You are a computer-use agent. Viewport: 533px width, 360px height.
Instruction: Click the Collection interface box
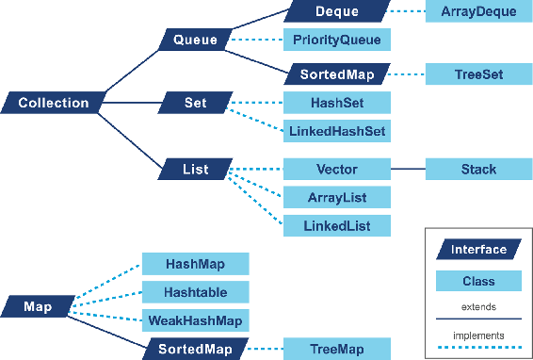(54, 103)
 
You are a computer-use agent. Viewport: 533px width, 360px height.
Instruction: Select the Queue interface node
(195, 40)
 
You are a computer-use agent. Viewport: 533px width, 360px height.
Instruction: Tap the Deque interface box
(337, 11)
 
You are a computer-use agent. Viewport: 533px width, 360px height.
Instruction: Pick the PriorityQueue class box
(336, 40)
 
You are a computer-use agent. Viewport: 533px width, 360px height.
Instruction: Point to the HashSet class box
(336, 103)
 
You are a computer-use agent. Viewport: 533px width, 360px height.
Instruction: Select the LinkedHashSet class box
(336, 131)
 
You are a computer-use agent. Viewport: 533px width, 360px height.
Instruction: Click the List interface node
(195, 170)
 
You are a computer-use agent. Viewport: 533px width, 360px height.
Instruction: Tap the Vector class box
(336, 170)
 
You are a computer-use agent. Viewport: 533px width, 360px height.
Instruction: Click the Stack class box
(477, 170)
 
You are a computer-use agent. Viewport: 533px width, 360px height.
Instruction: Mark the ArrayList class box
(336, 197)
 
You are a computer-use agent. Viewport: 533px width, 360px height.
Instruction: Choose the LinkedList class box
(336, 226)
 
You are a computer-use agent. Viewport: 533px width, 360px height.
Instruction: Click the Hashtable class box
(195, 292)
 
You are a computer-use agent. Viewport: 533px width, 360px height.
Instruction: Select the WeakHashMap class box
(195, 320)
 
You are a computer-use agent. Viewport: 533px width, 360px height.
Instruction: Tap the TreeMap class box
(336, 349)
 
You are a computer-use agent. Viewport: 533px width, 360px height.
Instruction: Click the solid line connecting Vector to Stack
(408, 170)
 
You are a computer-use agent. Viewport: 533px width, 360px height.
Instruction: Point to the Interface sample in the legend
(478, 250)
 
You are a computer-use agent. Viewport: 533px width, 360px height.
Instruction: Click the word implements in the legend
(478, 335)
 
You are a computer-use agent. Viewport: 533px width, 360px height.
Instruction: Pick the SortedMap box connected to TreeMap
(195, 349)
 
